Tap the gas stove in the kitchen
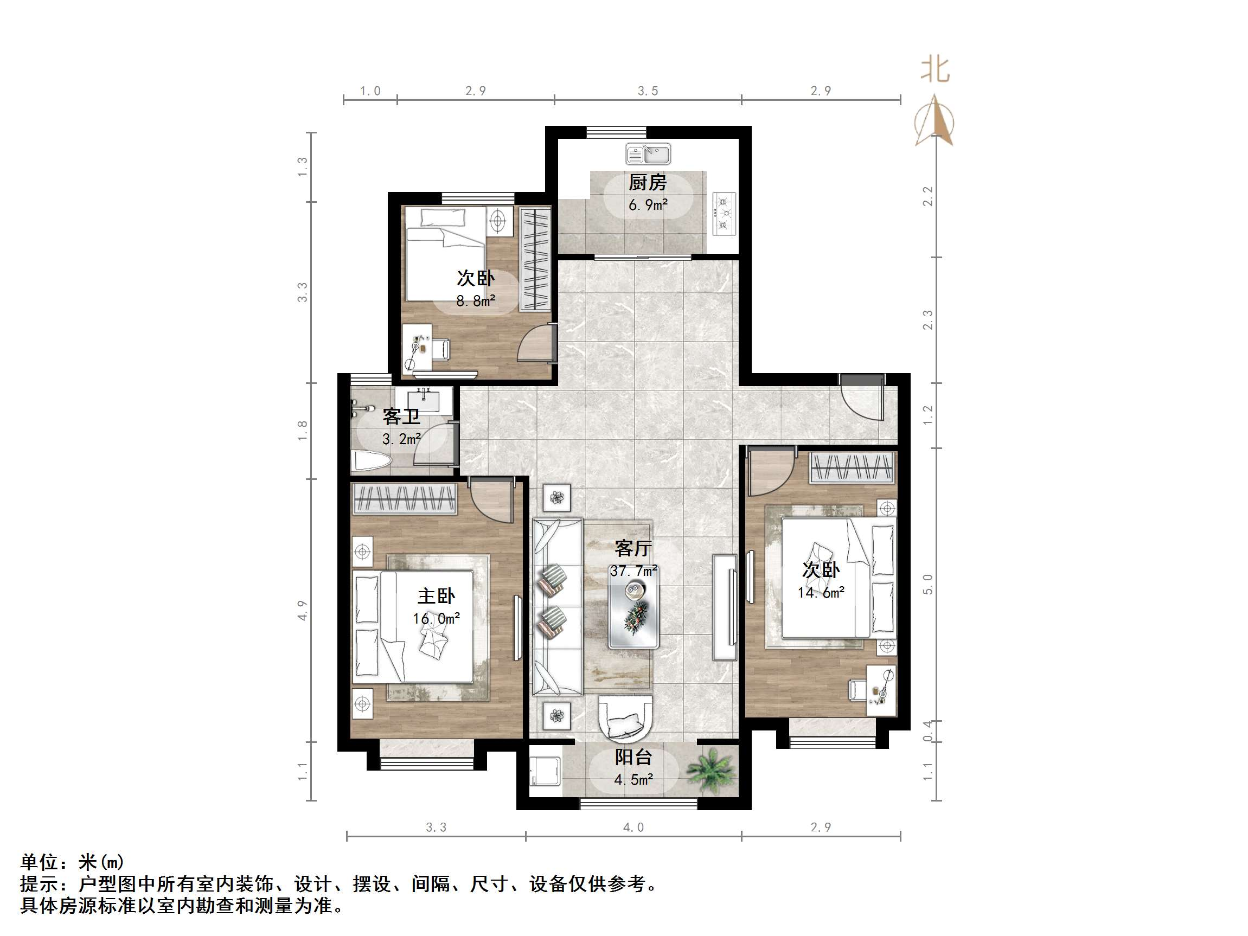725,214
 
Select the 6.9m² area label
648,205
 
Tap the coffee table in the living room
633,615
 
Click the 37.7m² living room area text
633,571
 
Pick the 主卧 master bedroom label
436,596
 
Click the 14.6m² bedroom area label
821,592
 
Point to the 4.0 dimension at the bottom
633,828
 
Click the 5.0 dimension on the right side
928,585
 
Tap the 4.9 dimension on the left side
303,611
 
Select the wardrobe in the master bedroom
405,499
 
